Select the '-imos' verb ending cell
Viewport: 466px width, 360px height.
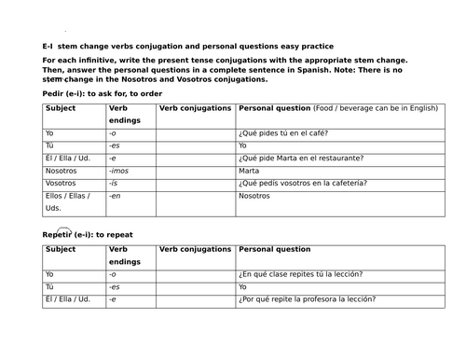[x=120, y=171]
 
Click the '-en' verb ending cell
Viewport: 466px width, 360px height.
[x=116, y=197]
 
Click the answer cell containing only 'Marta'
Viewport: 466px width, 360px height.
[x=249, y=171]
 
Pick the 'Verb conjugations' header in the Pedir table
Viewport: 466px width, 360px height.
[x=196, y=108]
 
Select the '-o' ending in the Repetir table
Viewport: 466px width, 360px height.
[x=113, y=274]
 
